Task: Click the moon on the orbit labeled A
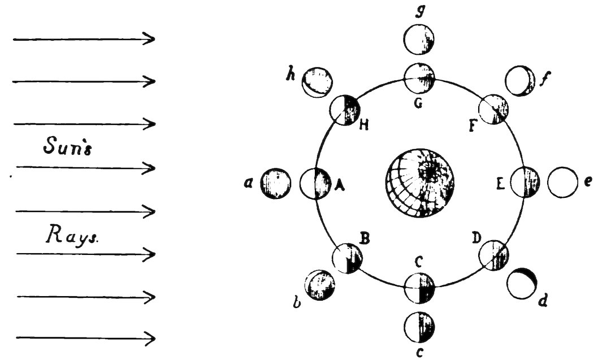314,184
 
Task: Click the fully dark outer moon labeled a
276,184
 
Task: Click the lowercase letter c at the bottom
419,353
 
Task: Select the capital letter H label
364,124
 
